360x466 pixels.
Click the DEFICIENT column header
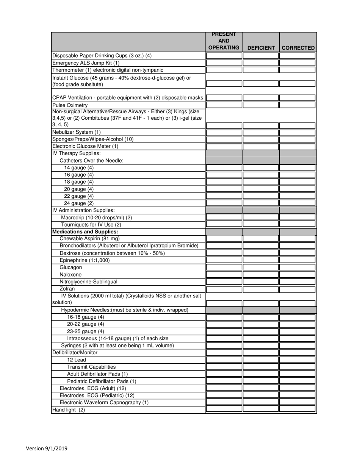(261, 48)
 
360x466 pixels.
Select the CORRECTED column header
(298, 48)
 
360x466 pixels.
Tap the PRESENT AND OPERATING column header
(224, 41)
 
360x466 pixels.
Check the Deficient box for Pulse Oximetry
(261, 105)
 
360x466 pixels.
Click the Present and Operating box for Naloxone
(224, 274)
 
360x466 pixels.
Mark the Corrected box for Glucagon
(298, 267)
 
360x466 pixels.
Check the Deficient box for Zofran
(261, 289)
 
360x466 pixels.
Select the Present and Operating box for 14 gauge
(224, 167)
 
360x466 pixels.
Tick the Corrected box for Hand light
(298, 409)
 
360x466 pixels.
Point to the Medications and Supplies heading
(85, 231)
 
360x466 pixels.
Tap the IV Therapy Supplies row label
(76, 153)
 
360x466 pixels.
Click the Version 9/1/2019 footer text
(47, 448)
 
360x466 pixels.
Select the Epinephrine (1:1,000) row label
(85, 260)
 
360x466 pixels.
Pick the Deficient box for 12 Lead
(261, 360)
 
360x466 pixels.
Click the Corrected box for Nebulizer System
(298, 132)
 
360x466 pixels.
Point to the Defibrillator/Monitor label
(75, 352)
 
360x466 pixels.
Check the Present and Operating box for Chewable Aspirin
(224, 239)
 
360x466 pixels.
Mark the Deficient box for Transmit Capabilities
(261, 367)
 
